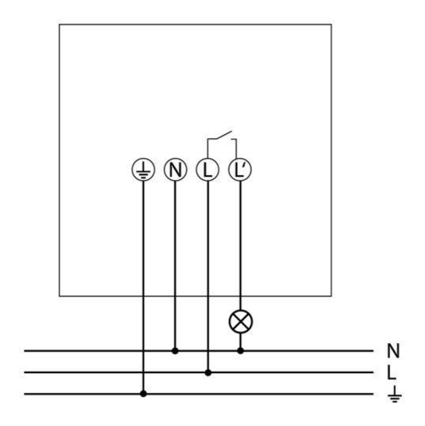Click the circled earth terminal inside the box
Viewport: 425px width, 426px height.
coord(144,170)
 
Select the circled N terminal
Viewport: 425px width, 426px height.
coord(175,170)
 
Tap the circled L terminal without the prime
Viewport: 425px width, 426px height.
coord(208,170)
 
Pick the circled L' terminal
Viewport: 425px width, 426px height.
coord(240,170)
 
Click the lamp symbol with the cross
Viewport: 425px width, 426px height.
coord(241,321)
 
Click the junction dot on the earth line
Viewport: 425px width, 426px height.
coord(144,394)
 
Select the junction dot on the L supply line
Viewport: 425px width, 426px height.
coord(208,372)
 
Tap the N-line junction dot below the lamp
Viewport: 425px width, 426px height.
coord(240,351)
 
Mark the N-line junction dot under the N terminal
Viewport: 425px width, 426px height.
coord(175,351)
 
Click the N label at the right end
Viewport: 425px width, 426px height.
coord(393,351)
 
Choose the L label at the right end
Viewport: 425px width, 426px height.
coord(391,372)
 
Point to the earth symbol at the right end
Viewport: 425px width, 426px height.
coord(394,394)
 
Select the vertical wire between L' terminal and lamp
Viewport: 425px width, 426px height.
coord(240,245)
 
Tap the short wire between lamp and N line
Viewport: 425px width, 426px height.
coord(240,341)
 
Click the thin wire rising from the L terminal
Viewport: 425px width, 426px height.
coord(207,148)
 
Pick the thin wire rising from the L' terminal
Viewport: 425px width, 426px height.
coord(236,148)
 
